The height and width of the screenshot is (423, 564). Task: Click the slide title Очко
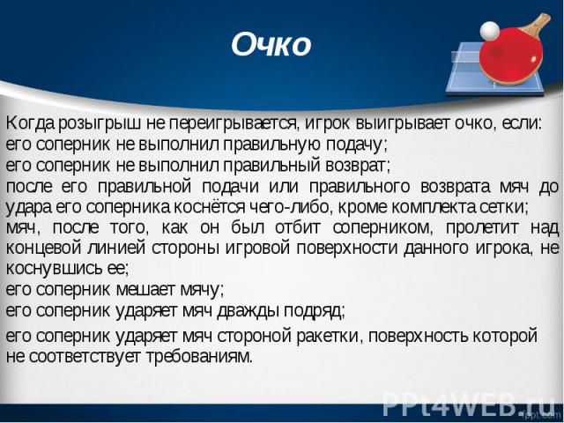[271, 45]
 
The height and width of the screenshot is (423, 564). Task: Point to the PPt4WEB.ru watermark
[469, 404]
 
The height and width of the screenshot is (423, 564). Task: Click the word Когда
[31, 124]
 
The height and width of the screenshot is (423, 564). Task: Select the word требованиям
[200, 357]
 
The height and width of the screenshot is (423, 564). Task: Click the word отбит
[298, 228]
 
